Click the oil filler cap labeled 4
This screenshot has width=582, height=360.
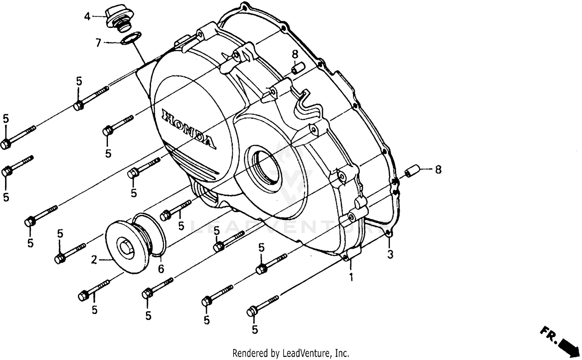(117, 19)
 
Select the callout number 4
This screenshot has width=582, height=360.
(87, 17)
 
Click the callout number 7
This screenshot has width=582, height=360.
(99, 42)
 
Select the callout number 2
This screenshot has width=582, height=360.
(94, 260)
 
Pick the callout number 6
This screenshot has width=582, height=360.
(161, 269)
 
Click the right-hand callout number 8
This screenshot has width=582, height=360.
(438, 170)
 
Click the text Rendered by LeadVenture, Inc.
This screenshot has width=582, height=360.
(291, 353)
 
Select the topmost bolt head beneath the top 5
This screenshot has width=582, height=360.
(79, 105)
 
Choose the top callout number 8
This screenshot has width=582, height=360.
(295, 54)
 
